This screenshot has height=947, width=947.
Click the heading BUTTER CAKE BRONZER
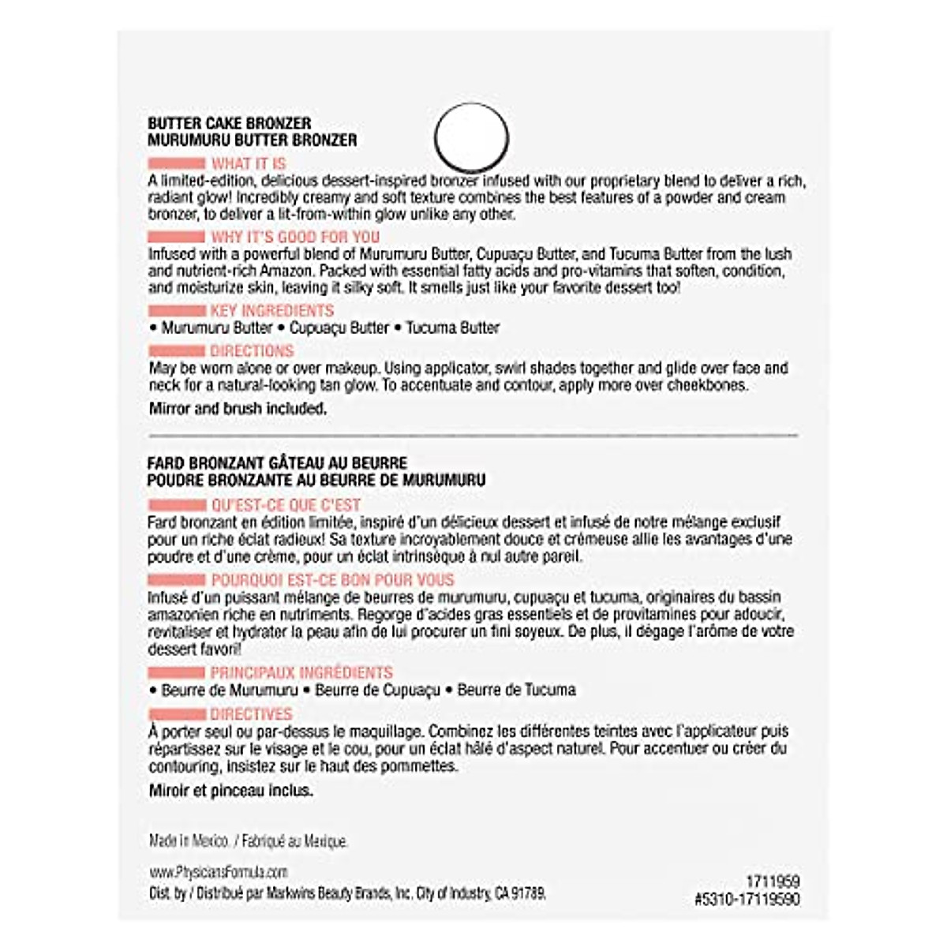tap(229, 123)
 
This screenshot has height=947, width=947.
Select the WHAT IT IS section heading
tap(249, 164)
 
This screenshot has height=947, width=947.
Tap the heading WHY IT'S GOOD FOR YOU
tap(295, 237)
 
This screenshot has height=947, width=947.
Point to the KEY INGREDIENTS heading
tap(271, 310)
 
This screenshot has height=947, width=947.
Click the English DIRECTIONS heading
tap(252, 351)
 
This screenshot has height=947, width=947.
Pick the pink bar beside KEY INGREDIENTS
tap(176, 311)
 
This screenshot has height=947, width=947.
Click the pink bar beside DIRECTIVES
tap(176, 714)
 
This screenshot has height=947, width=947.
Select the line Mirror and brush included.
tap(238, 409)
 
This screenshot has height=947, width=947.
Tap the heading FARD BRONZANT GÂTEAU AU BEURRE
tap(277, 463)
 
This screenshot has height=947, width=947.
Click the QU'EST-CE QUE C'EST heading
tap(286, 505)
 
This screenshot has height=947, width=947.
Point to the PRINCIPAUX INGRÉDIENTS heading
tap(301, 673)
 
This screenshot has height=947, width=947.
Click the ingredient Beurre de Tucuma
tap(516, 690)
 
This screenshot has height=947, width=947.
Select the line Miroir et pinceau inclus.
tap(230, 790)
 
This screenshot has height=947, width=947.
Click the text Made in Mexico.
tap(189, 841)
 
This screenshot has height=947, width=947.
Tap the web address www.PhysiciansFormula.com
tap(218, 872)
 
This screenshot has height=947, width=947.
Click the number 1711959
tap(773, 881)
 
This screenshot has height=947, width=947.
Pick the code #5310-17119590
tap(748, 899)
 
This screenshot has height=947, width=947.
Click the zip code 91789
tap(529, 893)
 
